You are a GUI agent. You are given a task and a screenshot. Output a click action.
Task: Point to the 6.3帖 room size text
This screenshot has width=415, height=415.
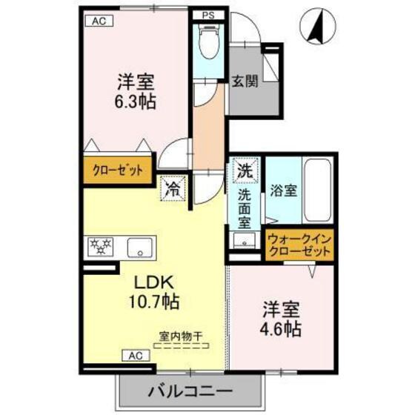(135, 102)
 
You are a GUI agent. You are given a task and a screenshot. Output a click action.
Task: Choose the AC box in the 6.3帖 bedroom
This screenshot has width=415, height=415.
(99, 21)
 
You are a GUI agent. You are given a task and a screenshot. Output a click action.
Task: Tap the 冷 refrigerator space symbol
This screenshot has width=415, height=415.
(172, 188)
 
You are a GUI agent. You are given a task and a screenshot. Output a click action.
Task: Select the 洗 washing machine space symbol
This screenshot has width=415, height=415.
(245, 170)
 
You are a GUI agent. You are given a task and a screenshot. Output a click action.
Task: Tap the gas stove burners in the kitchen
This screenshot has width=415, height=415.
(100, 246)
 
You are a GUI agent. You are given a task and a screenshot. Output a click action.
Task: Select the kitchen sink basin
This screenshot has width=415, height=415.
(139, 246)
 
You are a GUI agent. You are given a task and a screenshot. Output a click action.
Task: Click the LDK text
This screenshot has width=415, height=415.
(153, 284)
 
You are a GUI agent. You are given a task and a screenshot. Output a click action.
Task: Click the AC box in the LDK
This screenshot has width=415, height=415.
(136, 355)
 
